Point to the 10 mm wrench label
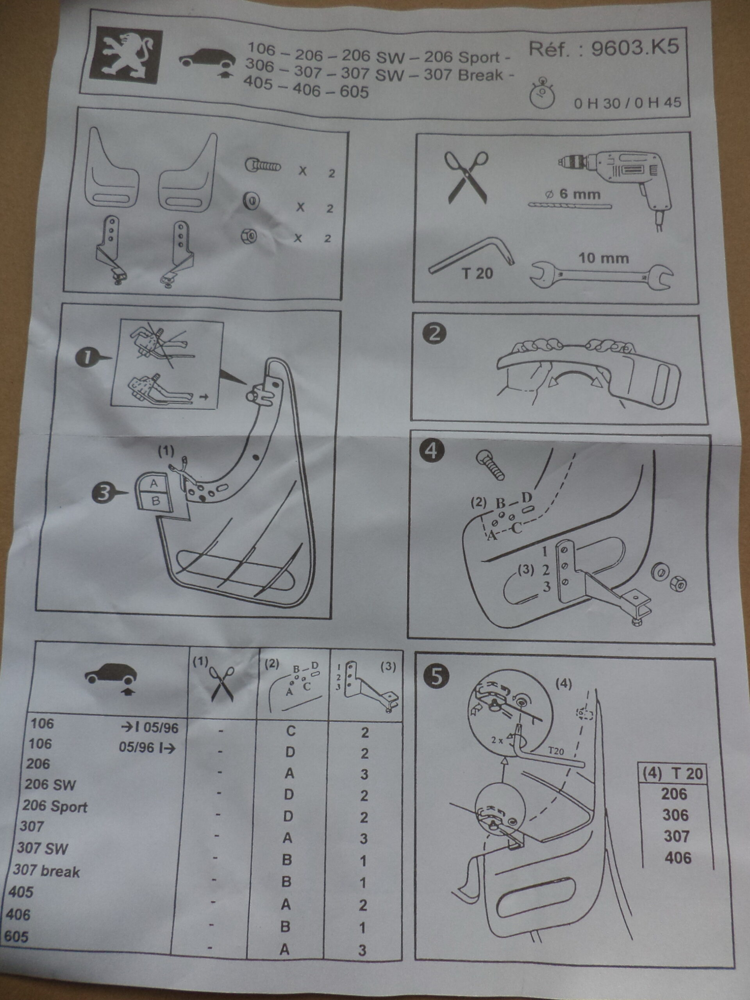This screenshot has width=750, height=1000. (x=604, y=259)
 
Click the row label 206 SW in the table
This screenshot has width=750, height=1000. (x=50, y=784)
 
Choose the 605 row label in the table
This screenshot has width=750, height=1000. (x=17, y=936)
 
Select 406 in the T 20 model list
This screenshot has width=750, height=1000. (x=678, y=857)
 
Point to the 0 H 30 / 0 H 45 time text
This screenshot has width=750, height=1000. (x=627, y=103)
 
